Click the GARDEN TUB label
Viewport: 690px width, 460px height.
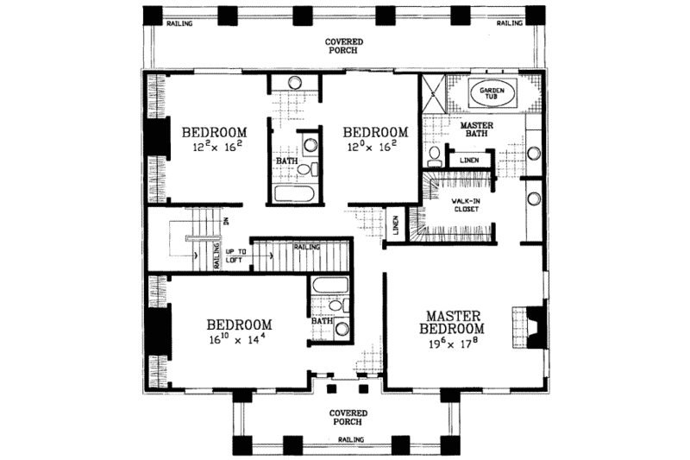point(492,93)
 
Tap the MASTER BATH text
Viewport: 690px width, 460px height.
point(475,129)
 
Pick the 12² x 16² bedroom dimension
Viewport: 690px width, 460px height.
point(214,148)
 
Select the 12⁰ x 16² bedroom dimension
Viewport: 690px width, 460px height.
point(375,148)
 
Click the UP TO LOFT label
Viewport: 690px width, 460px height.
point(236,256)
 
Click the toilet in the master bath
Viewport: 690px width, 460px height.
point(435,155)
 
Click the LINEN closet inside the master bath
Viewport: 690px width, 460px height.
point(469,161)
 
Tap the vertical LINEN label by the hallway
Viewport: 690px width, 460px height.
point(395,226)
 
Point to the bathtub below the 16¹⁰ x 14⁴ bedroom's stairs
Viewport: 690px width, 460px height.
point(329,288)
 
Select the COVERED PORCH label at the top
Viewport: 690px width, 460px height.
point(344,46)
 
